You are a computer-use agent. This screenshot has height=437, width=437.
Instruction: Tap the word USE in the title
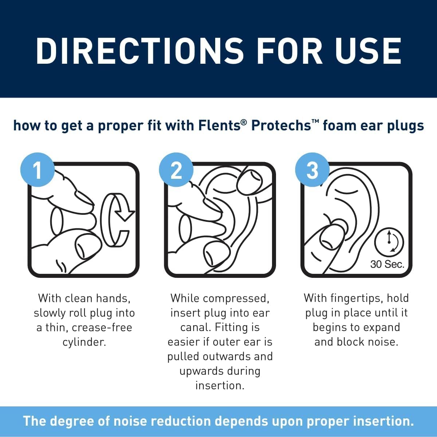tap(368, 51)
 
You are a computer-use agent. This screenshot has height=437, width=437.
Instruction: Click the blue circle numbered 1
tap(38, 170)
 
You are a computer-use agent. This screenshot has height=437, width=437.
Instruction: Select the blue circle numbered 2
tap(176, 170)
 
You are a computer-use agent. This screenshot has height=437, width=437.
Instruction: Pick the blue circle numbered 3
tap(312, 170)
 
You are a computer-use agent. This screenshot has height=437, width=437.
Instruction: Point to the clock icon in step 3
tap(390, 241)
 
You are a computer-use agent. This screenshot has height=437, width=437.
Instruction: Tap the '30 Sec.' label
tap(387, 264)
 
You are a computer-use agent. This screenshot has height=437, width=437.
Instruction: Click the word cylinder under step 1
tap(84, 342)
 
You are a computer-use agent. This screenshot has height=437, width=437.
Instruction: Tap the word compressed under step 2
tap(236, 299)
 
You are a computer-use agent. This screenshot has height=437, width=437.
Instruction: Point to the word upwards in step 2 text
tap(199, 371)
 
